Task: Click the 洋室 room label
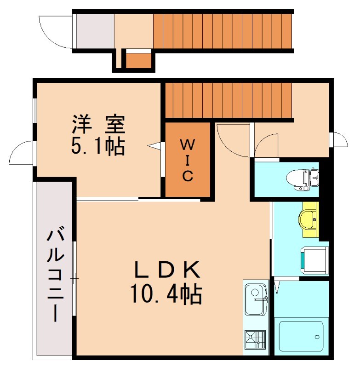click(98, 124)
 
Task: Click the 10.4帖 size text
click(166, 294)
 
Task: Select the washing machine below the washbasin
click(314, 260)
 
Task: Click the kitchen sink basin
click(255, 297)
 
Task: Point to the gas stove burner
click(255, 341)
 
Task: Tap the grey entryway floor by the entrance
click(94, 31)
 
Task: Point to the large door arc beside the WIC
click(230, 138)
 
